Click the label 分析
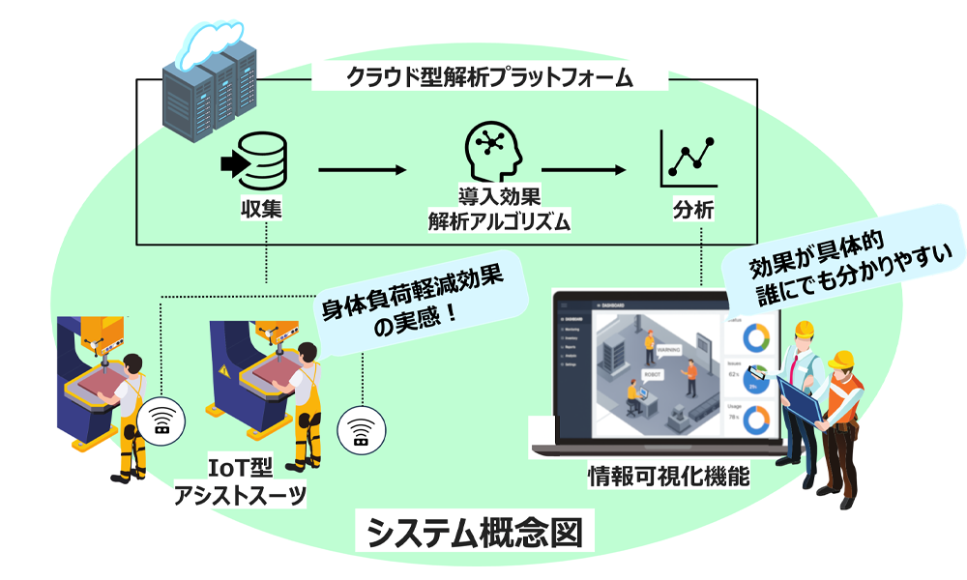(x=693, y=210)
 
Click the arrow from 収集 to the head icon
(x=361, y=171)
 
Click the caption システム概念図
(x=474, y=532)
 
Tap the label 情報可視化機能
(x=669, y=477)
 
